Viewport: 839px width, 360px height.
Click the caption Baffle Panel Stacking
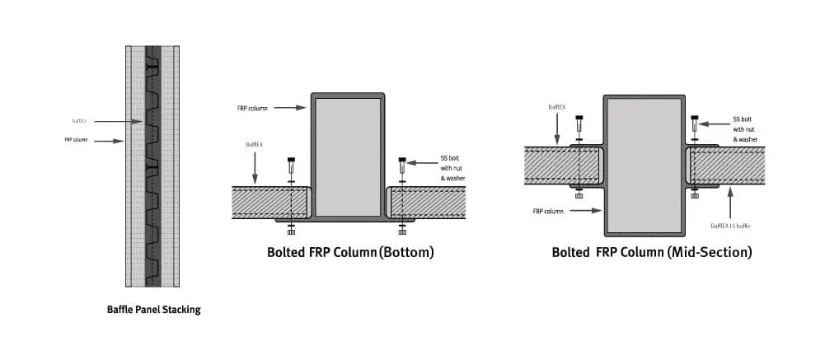(153, 311)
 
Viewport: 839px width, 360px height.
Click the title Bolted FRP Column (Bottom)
(350, 252)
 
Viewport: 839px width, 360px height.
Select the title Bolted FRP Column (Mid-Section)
(652, 252)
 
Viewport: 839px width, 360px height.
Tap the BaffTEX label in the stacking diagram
(78, 121)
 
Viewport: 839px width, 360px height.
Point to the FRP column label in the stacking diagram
(77, 141)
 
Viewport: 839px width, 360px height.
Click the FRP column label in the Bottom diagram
(251, 107)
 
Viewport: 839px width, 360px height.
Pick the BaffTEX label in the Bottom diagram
(254, 144)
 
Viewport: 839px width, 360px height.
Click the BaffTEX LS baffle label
(729, 225)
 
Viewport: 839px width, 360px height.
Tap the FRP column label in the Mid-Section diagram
(548, 212)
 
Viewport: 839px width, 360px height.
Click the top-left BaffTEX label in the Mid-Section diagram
(557, 107)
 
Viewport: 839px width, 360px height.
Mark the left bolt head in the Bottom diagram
(290, 160)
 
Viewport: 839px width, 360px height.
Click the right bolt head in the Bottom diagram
(402, 160)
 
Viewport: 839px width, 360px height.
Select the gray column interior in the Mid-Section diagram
(644, 165)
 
